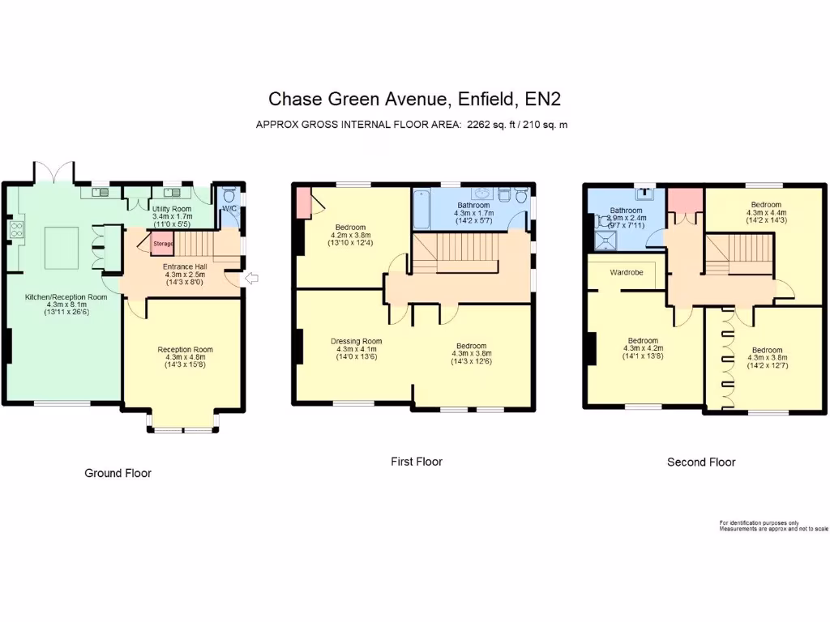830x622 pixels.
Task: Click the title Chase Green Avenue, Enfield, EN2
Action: pyautogui.click(x=414, y=99)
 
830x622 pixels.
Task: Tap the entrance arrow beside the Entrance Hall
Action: pyautogui.click(x=250, y=279)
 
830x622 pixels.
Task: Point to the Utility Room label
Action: pyautogui.click(x=172, y=209)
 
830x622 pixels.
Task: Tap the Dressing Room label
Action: pyautogui.click(x=356, y=341)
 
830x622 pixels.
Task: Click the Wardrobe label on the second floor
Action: pyautogui.click(x=627, y=273)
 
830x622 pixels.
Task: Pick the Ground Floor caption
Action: pyautogui.click(x=118, y=473)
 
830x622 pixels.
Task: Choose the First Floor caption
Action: pyautogui.click(x=417, y=462)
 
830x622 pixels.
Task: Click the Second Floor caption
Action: pyautogui.click(x=701, y=462)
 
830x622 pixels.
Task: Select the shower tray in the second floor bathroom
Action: pyautogui.click(x=605, y=241)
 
